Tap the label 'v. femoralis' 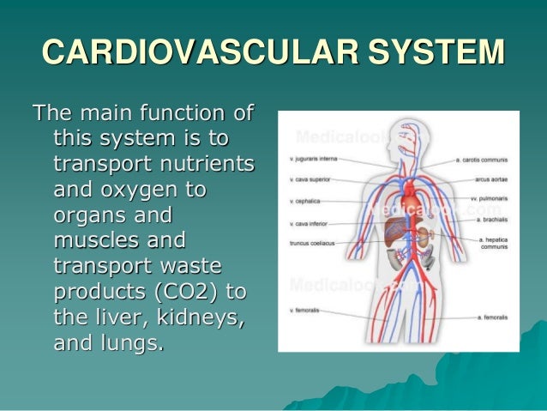click(304, 309)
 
